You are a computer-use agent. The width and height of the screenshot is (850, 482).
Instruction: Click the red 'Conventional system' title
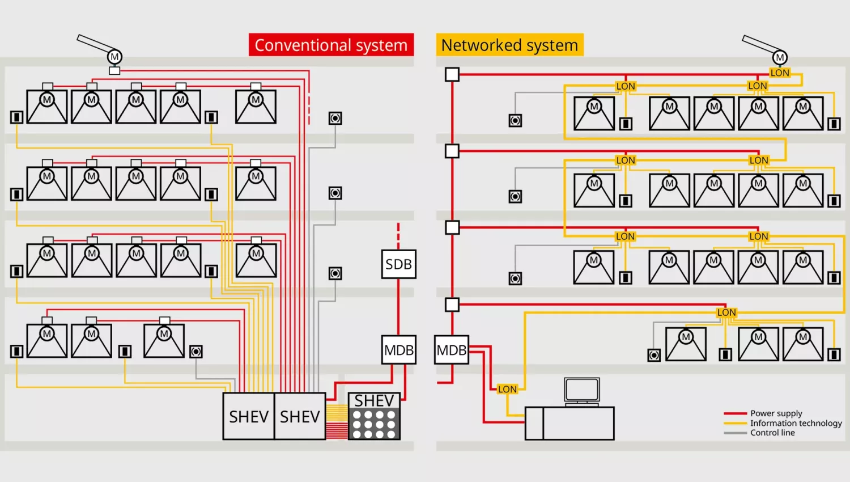pos(331,45)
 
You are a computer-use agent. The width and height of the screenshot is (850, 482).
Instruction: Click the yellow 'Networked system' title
pos(509,45)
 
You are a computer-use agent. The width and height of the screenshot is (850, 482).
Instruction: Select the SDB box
pos(398,264)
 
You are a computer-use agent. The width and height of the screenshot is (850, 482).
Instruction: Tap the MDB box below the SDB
pos(399,350)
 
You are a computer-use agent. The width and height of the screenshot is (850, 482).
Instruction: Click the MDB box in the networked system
pos(452,350)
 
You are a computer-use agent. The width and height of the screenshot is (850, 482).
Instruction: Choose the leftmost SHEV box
pos(248,417)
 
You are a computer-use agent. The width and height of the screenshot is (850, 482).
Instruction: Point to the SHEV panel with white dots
pos(374,417)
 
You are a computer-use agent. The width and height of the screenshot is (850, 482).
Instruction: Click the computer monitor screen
pos(582,390)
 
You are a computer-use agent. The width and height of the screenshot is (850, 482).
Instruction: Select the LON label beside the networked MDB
pos(507,389)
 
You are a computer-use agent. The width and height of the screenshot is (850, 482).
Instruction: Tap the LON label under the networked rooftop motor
pos(780,73)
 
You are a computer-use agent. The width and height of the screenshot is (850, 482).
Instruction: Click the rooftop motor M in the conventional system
pos(114,57)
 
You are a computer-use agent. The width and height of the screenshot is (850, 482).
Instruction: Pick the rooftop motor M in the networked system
pos(780,57)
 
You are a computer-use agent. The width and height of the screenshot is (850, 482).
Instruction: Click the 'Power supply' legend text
pos(776,413)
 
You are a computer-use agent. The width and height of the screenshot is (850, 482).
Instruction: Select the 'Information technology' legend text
pos(796,423)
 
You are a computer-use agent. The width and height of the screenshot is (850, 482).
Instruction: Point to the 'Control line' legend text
pos(772,433)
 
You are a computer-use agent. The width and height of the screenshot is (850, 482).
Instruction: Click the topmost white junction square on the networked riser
pos(452,74)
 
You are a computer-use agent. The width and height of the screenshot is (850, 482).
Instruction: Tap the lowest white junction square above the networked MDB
pos(452,305)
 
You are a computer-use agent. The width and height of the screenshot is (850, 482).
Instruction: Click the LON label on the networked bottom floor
pos(726,312)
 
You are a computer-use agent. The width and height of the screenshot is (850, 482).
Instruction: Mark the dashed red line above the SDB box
pos(398,235)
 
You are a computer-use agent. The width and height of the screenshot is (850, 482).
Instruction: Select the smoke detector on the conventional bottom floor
pos(196,352)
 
